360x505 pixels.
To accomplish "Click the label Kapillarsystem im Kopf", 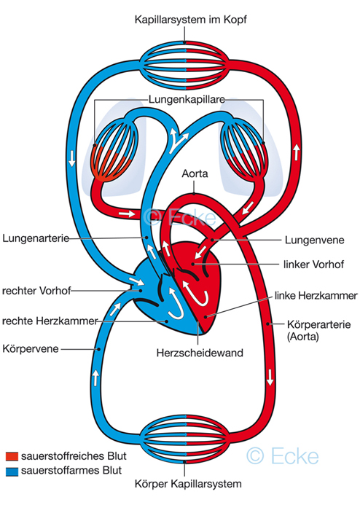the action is click(x=191, y=20).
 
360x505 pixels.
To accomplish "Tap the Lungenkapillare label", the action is click(x=187, y=99).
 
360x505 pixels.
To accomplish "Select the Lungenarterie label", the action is click(x=36, y=238).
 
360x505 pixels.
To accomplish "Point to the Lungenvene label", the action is click(x=315, y=240).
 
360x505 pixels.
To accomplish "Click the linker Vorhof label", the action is click(x=313, y=265).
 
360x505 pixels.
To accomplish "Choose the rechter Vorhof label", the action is click(x=36, y=291).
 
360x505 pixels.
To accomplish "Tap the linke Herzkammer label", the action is click(x=316, y=295).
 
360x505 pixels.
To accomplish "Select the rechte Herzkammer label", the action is click(x=50, y=321).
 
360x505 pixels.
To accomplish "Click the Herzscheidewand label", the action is click(x=200, y=353).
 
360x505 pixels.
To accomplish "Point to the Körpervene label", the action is click(x=31, y=349).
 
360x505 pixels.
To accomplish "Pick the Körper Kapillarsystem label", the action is click(x=188, y=483).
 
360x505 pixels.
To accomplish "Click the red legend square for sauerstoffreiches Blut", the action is click(x=12, y=456).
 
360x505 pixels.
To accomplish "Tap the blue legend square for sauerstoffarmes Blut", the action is click(x=12, y=471).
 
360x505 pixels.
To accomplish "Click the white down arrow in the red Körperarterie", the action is click(x=270, y=377).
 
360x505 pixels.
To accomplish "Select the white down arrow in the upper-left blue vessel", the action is click(x=71, y=158).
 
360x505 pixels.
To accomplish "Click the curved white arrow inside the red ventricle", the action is click(x=195, y=292).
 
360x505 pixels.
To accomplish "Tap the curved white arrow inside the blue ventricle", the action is click(x=174, y=302).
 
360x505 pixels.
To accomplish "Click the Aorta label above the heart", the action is click(x=195, y=173).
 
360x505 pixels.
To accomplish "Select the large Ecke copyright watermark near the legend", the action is click(x=283, y=456).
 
